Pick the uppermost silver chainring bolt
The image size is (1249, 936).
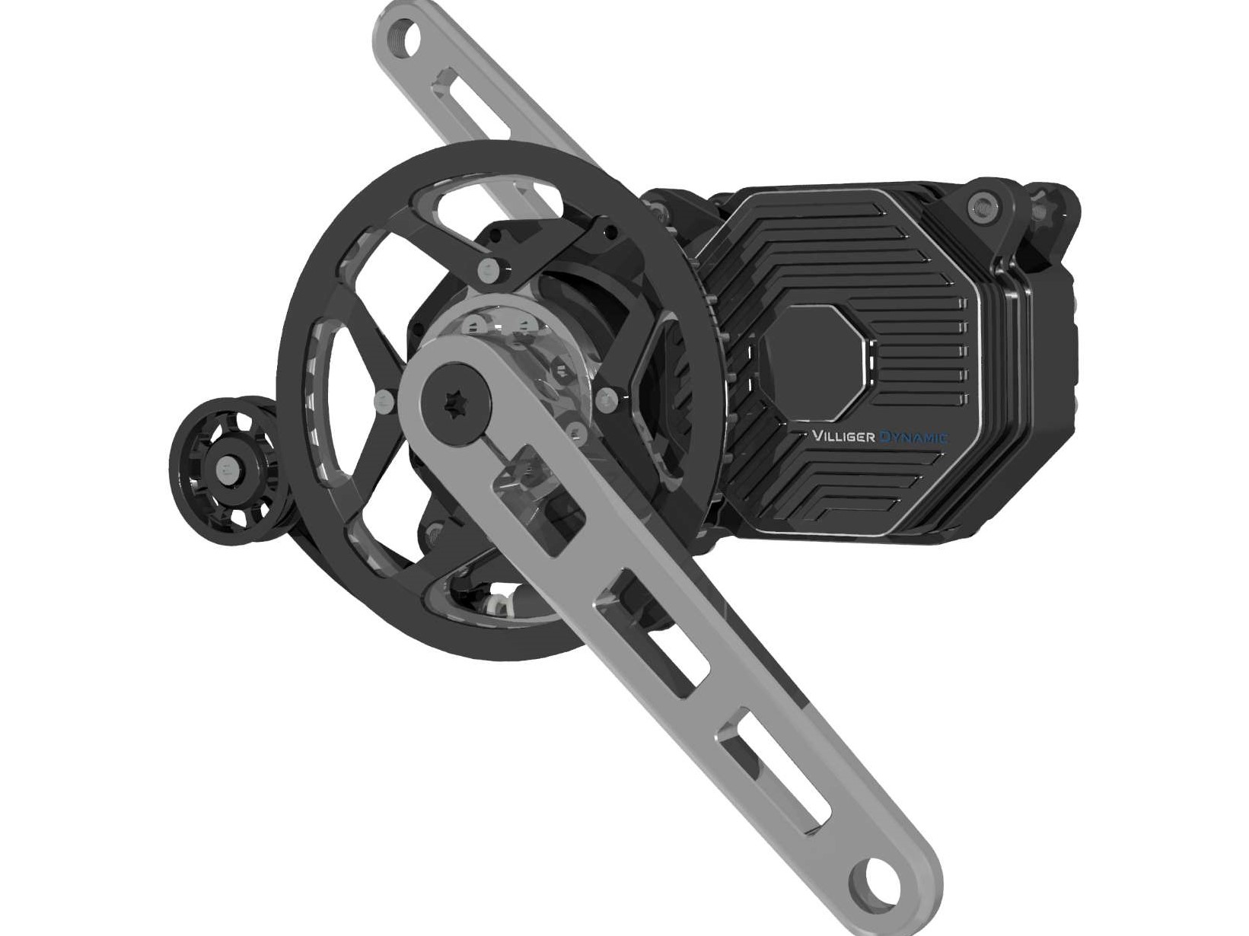tap(488, 271)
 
